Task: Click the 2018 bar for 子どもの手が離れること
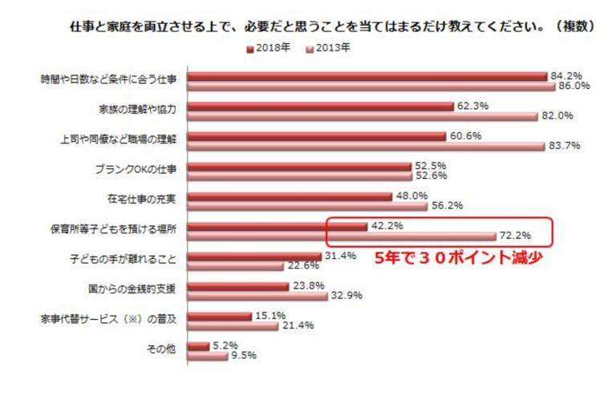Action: [254, 257]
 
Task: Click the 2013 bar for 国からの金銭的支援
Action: [257, 296]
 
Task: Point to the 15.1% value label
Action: [269, 315]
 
